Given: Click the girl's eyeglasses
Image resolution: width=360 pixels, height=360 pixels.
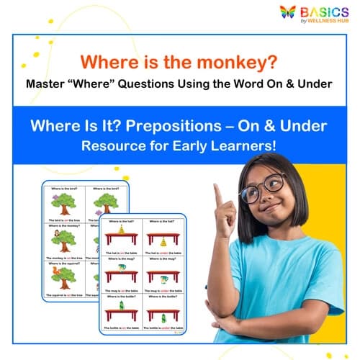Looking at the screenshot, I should coord(264,187).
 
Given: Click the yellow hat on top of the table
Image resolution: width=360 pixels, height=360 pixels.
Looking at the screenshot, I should coord(122,229).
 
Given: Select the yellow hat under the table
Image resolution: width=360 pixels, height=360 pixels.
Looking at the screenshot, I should coord(163,242).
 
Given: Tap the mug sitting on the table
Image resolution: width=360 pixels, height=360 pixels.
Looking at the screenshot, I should coord(122,268).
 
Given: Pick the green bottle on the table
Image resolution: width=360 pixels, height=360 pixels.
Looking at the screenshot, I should coord(122,305).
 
